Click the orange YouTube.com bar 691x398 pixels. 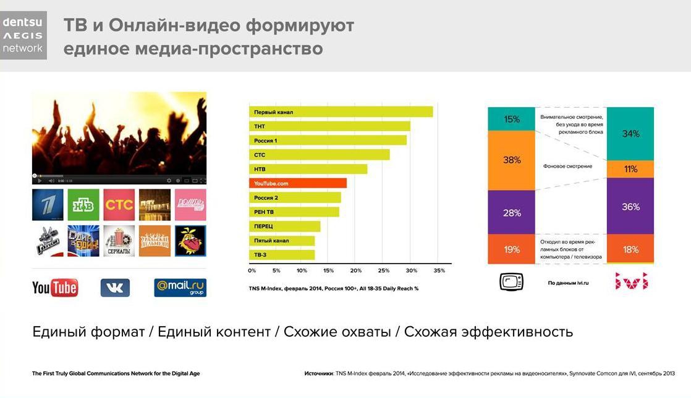[297, 183]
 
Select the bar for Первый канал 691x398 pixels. [341, 112]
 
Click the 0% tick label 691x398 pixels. [252, 270]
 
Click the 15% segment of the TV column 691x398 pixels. [511, 119]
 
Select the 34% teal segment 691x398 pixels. [630, 134]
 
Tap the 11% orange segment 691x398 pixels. [630, 169]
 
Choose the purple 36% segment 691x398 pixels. [630, 206]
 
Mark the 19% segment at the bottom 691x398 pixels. [511, 249]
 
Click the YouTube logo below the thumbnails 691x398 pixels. [55, 288]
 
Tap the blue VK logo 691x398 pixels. [115, 288]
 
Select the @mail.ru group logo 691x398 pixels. [180, 288]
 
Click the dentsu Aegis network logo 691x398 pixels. [23, 34]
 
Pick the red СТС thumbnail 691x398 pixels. [119, 205]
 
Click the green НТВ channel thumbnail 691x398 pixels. [83, 205]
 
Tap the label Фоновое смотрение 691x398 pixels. [567, 166]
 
